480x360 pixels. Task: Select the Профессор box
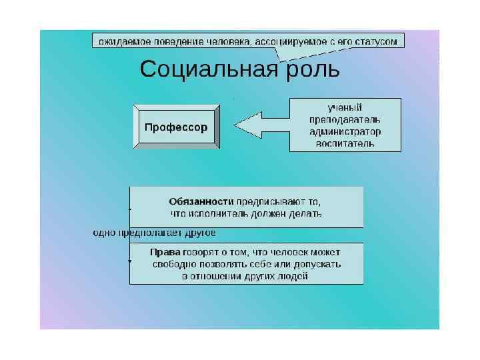[176, 126]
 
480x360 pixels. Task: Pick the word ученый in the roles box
[345, 107]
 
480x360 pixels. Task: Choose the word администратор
[345, 131]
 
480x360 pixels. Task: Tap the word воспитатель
[345, 143]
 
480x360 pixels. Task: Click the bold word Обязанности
[201, 201]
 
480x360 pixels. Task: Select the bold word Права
[165, 252]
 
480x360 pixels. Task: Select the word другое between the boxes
[197, 233]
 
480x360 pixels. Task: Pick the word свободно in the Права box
[174, 264]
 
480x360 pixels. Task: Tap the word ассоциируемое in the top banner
[288, 41]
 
